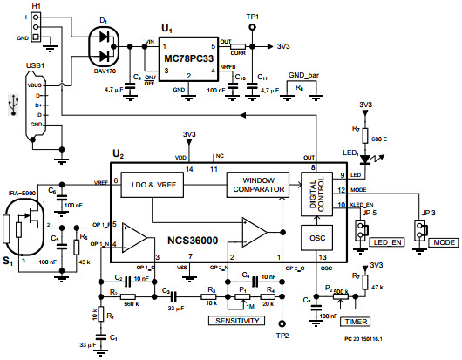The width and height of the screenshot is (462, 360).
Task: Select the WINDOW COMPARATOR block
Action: (258, 185)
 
